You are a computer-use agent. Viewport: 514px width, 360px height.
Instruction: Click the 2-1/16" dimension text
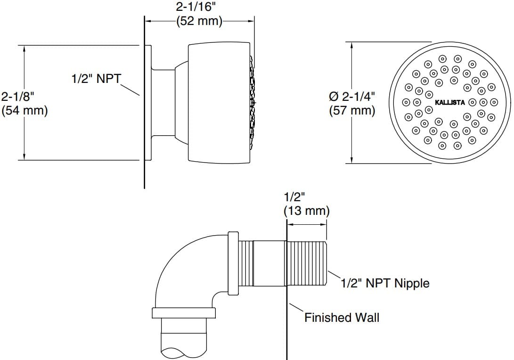point(199,7)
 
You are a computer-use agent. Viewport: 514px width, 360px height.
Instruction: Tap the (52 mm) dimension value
point(199,21)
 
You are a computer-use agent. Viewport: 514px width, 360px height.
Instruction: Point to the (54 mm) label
point(24,111)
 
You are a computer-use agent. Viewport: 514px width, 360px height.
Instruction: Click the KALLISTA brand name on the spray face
point(449,102)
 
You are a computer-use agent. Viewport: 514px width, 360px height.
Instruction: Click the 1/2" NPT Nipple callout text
point(385,283)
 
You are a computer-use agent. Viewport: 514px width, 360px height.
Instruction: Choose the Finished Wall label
point(342,317)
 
